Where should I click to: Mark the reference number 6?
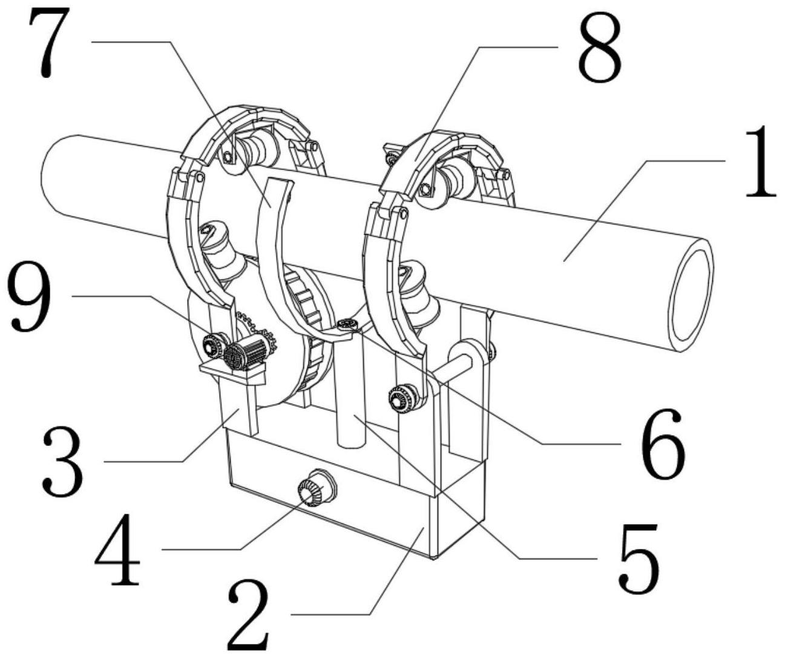[x=662, y=443]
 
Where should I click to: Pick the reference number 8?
[x=599, y=51]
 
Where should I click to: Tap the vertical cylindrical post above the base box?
[x=352, y=393]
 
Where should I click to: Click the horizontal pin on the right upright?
[x=454, y=369]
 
